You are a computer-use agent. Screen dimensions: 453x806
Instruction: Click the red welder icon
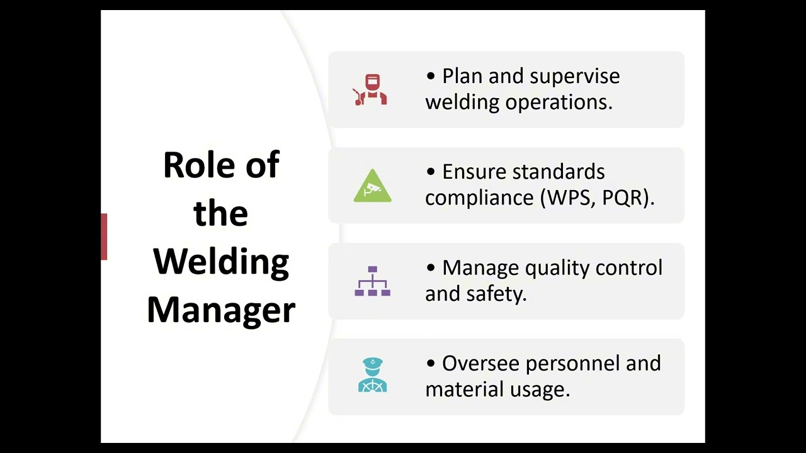click(x=371, y=90)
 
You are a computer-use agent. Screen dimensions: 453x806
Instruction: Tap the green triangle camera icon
click(x=372, y=186)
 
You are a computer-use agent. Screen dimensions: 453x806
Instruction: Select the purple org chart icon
click(x=372, y=281)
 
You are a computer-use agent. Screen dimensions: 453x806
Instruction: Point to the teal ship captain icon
click(x=372, y=376)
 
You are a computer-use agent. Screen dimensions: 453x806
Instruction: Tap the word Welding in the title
click(x=221, y=262)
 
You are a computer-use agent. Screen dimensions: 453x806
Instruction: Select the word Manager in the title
click(x=221, y=310)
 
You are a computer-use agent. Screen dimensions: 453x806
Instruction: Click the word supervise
click(x=575, y=77)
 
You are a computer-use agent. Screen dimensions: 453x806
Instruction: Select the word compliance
click(x=479, y=198)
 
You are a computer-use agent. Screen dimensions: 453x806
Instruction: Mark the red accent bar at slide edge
click(x=104, y=237)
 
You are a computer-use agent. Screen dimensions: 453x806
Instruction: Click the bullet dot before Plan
click(x=431, y=77)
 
